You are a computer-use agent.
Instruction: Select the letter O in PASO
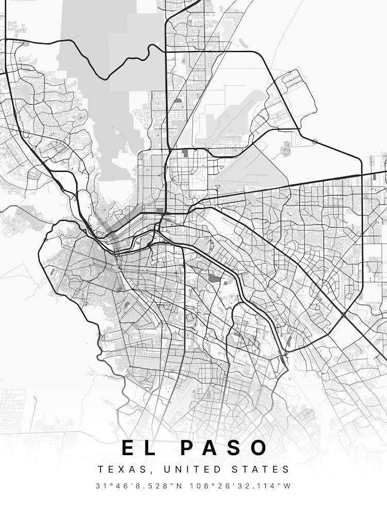[260, 448]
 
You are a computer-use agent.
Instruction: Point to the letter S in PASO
[235, 448]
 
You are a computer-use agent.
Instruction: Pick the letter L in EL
[150, 448]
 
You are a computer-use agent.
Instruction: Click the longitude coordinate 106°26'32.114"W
[239, 486]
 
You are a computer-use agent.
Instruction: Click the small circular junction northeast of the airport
[315, 141]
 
